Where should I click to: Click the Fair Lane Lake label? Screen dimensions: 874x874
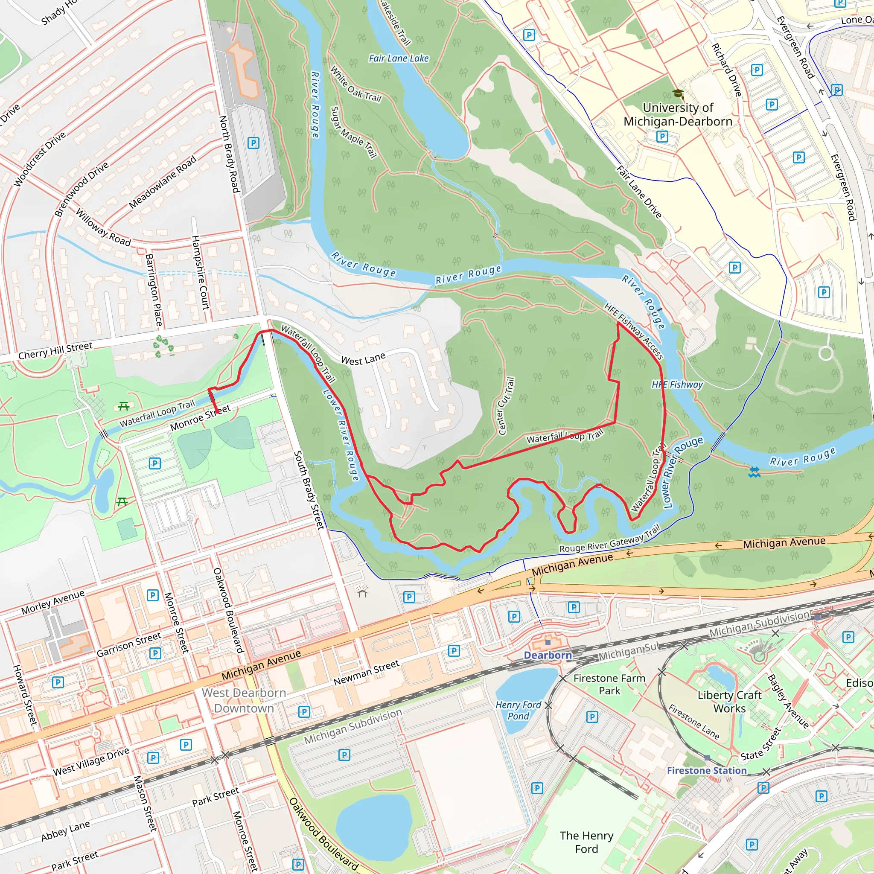click(x=399, y=58)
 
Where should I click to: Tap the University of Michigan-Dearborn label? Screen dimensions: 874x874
click(x=678, y=114)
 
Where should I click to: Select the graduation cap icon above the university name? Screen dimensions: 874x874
click(x=678, y=93)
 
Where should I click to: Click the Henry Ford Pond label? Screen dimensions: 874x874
click(x=519, y=710)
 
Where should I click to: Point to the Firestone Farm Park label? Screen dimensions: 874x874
click(x=609, y=685)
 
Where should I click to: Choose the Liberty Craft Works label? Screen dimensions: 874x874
click(x=729, y=702)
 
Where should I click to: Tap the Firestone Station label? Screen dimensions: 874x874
click(x=707, y=770)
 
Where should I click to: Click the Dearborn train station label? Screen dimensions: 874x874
click(x=548, y=655)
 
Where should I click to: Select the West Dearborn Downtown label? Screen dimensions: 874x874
click(x=244, y=700)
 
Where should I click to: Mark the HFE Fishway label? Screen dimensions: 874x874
click(x=677, y=385)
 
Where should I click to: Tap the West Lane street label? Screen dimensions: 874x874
click(x=363, y=359)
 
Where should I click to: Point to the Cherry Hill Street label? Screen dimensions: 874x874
click(x=55, y=351)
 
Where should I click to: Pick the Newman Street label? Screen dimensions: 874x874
click(x=367, y=672)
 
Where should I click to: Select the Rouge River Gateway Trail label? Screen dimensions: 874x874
click(x=610, y=539)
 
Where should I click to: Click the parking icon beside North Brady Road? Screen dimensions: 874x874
click(x=253, y=143)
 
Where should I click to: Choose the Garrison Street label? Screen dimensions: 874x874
click(x=129, y=644)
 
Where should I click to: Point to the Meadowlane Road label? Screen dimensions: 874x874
click(x=163, y=182)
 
